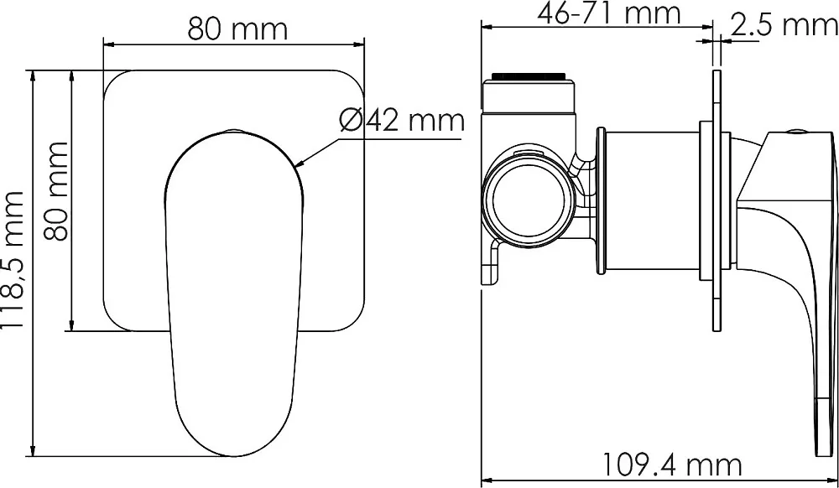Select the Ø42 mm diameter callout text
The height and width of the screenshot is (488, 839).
pyautogui.click(x=402, y=120)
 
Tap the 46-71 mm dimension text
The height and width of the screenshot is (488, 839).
pyautogui.click(x=609, y=13)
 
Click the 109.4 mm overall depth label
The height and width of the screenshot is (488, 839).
pyautogui.click(x=672, y=465)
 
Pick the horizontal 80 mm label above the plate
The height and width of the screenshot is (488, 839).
pyautogui.click(x=237, y=29)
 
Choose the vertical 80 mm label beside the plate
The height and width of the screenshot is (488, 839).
pyautogui.click(x=56, y=191)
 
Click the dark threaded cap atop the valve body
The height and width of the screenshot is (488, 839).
pyautogui.click(x=528, y=76)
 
